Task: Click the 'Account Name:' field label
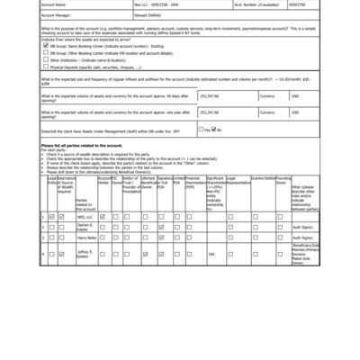[55, 4]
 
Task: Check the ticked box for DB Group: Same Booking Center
[46, 45]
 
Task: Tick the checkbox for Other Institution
[46, 59]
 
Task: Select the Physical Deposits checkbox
[46, 67]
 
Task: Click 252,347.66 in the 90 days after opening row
[210, 94]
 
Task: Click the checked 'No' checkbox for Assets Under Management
[213, 130]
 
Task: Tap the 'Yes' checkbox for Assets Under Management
[201, 130]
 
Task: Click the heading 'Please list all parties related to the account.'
[83, 144]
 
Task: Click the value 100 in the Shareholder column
[211, 255]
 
